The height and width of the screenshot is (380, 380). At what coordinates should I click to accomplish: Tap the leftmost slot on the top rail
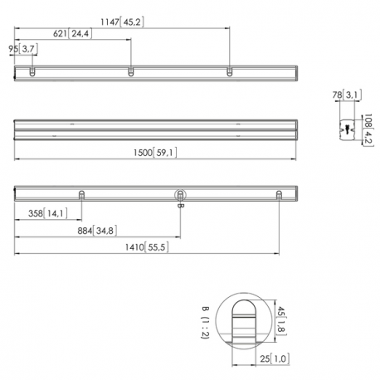[32, 72]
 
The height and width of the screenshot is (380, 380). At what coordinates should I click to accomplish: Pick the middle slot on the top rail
[130, 72]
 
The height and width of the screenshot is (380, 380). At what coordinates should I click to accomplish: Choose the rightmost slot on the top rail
[229, 72]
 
